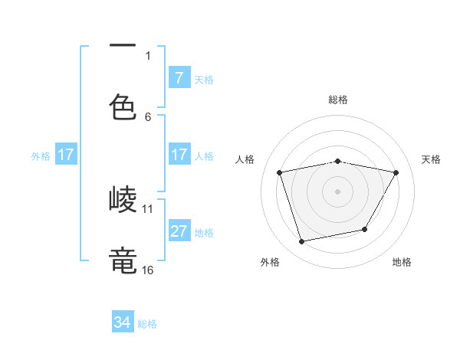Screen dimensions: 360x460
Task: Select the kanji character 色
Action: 123,107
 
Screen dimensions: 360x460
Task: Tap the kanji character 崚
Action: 123,200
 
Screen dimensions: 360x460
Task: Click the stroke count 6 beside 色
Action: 148,116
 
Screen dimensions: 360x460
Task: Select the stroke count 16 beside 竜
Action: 148,270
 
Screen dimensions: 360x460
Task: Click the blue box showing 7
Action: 179,78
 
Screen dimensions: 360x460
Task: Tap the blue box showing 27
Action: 179,231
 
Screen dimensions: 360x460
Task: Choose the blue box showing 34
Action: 123,322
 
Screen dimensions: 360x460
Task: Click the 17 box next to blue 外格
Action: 66,155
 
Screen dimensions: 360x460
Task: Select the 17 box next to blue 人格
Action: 179,155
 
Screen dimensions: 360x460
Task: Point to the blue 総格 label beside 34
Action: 147,324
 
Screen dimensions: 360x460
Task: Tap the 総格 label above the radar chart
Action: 338,100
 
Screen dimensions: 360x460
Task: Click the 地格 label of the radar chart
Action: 402,262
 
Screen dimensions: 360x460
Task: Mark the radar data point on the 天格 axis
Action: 396,173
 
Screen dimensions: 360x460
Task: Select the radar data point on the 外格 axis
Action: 302,242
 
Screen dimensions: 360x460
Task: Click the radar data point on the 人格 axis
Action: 280,173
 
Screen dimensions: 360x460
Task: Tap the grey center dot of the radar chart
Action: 338,191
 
